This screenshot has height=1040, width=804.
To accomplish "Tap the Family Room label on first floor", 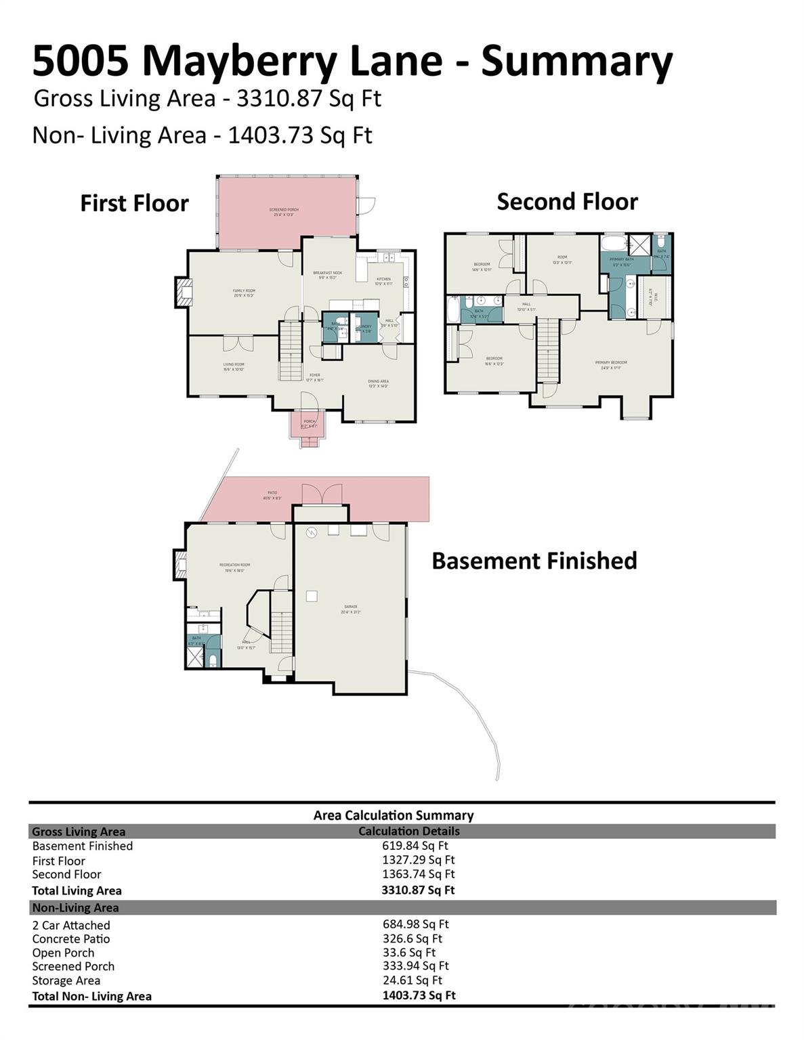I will [244, 292].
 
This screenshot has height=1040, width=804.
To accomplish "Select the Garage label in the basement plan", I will [350, 609].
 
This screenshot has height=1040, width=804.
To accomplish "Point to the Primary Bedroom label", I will [611, 365].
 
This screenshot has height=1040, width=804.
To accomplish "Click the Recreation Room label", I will [235, 567].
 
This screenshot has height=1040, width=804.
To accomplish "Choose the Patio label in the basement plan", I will [272, 495].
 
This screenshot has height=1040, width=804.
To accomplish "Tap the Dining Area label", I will [379, 383].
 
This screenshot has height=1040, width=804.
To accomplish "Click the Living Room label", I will [234, 366].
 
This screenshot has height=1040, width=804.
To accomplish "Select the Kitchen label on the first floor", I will [383, 281].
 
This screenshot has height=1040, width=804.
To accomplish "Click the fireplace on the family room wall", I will [182, 292].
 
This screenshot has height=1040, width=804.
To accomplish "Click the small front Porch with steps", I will [310, 427].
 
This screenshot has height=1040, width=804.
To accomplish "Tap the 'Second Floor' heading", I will [567, 202].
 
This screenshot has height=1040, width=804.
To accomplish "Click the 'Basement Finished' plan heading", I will [534, 561].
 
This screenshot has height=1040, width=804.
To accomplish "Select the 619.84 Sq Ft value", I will [415, 846].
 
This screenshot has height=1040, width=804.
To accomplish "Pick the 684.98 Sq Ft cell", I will [415, 924].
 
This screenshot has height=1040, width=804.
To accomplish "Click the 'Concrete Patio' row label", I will [70, 939].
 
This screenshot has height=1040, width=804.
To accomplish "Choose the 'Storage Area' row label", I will [66, 980].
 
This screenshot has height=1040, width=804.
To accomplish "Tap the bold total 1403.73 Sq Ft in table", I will [418, 995].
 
